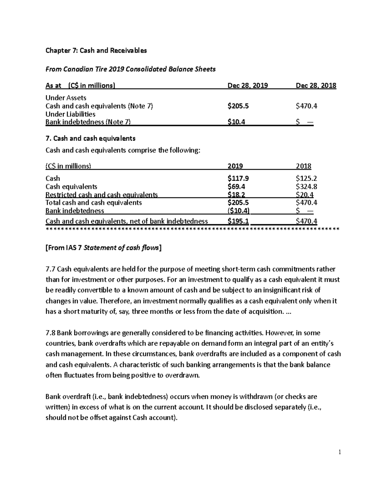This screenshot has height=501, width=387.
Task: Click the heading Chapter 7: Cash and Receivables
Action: (96, 50)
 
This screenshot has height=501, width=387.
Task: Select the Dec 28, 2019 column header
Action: (247, 85)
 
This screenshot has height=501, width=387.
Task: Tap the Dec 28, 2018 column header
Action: (316, 85)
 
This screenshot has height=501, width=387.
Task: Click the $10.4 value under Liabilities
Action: (236, 122)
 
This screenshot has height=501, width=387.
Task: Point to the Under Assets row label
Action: (66, 98)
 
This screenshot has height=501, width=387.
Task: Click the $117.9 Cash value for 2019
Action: (238, 178)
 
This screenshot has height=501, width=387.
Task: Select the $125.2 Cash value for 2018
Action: (306, 178)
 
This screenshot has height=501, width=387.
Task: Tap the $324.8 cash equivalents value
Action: (306, 186)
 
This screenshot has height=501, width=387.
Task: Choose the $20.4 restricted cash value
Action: (304, 195)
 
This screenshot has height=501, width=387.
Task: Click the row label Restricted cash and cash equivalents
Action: (102, 195)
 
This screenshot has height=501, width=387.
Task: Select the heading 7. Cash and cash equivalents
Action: (90, 138)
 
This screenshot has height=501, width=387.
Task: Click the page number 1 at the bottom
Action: (340, 452)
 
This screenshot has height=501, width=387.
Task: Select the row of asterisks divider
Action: (193, 229)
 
